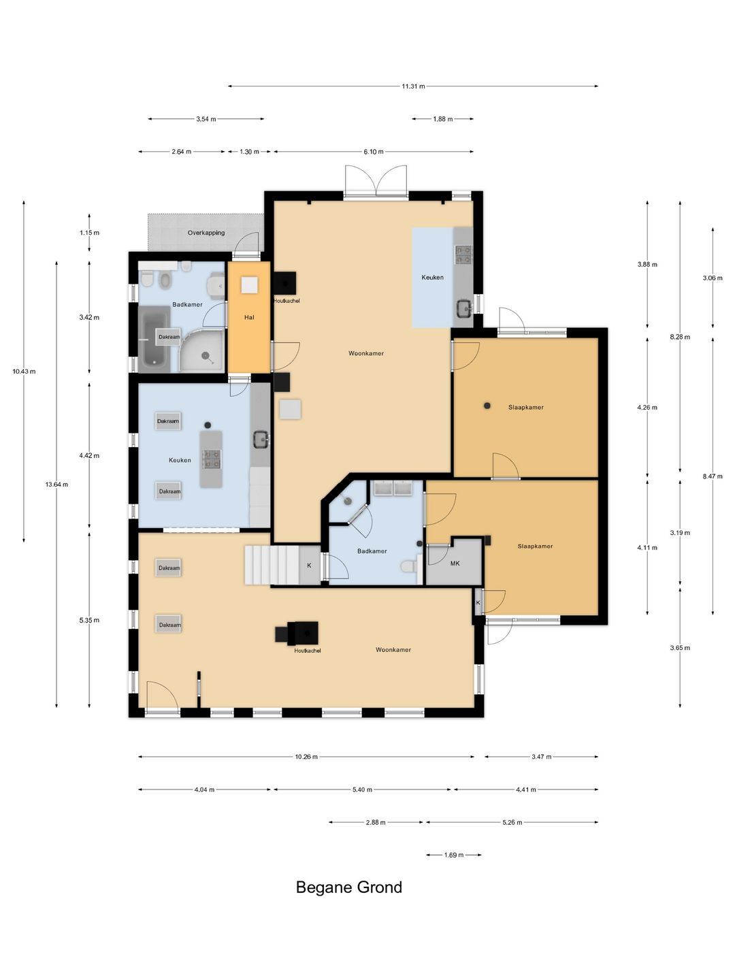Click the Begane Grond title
(x=348, y=887)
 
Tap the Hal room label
(x=249, y=317)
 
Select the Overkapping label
(x=206, y=233)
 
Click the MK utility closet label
(x=455, y=563)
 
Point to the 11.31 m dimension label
(x=413, y=86)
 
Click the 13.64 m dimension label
(x=56, y=485)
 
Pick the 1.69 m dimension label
(x=454, y=855)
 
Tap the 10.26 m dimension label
(x=306, y=757)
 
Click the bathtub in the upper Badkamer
(x=154, y=340)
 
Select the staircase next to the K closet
(x=272, y=565)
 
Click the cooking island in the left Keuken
(x=211, y=459)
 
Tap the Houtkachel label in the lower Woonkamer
(x=308, y=651)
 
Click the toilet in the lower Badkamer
(x=409, y=567)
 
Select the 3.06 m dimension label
(x=713, y=278)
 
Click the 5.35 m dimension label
(x=89, y=620)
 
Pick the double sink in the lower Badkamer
(x=393, y=488)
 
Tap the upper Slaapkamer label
(x=525, y=407)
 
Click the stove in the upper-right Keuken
(x=463, y=255)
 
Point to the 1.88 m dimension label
(x=442, y=119)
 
